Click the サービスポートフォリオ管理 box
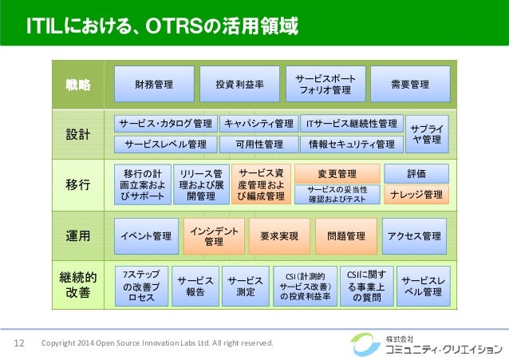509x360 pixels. [325, 84]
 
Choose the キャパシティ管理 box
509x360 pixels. [258, 124]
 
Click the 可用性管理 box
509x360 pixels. [258, 144]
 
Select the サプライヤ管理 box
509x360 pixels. [427, 133]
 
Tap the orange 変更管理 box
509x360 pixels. [337, 174]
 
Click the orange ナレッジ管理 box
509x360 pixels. [416, 194]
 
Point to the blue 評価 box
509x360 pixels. [416, 173]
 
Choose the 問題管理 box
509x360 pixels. [346, 235]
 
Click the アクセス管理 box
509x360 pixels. [414, 235]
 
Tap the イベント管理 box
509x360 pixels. [147, 235]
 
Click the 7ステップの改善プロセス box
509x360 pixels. [138, 286]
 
